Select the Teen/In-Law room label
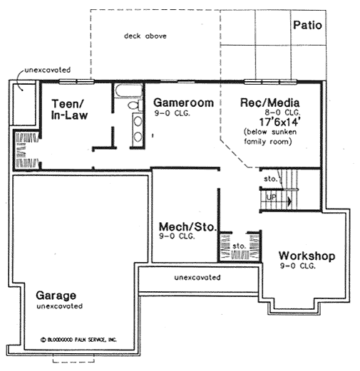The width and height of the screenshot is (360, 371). point(69,109)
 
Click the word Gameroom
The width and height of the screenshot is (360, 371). point(182,103)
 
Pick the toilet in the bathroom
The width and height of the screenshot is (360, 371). point(133,105)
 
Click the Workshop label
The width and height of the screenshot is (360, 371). point(307,256)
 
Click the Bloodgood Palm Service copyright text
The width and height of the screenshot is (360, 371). point(78,340)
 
